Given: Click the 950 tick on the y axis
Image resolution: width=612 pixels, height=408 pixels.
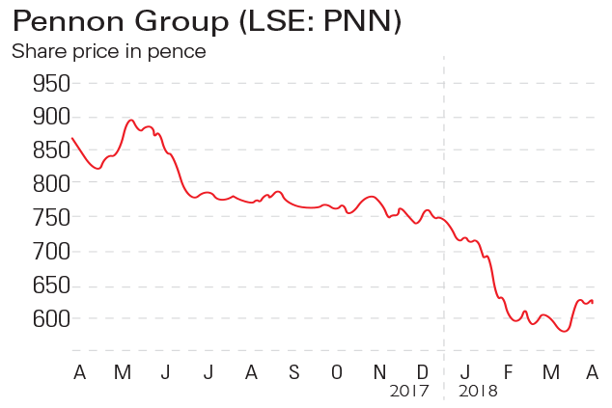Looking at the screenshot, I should pyautogui.click(x=51, y=83).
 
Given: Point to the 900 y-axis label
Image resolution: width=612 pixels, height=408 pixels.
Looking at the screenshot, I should pyautogui.click(x=51, y=117).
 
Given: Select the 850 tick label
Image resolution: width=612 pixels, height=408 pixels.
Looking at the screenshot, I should pyautogui.click(x=51, y=150).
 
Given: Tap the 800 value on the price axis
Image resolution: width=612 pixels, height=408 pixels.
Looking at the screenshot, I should pyautogui.click(x=51, y=184).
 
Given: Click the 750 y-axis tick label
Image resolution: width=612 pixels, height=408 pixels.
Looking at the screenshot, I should pyautogui.click(x=51, y=218).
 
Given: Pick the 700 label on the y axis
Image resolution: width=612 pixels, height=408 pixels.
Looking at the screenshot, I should pyautogui.click(x=51, y=252).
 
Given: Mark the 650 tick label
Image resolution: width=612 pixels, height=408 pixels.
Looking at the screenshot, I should pyautogui.click(x=51, y=286).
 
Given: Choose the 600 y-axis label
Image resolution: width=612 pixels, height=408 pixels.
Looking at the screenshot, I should pyautogui.click(x=51, y=319).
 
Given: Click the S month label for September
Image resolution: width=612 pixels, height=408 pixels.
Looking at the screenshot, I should pyautogui.click(x=293, y=371).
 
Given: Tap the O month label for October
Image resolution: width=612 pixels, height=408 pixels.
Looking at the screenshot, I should pyautogui.click(x=336, y=371).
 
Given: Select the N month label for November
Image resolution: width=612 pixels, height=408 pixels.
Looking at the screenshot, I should pyautogui.click(x=379, y=371).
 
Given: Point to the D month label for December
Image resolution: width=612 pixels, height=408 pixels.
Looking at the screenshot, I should pyautogui.click(x=423, y=371).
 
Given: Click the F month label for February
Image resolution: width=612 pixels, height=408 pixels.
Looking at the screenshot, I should pyautogui.click(x=508, y=371).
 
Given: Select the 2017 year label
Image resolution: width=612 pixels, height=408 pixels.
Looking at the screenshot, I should pyautogui.click(x=409, y=392).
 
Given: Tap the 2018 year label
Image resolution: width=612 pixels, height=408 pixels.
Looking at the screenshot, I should pyautogui.click(x=478, y=392).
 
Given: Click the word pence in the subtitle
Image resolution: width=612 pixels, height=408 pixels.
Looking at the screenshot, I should pyautogui.click(x=179, y=51).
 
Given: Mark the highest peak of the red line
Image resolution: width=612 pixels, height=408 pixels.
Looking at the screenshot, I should pyautogui.click(x=130, y=121).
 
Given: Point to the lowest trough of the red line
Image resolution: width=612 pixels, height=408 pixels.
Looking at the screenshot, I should pyautogui.click(x=564, y=331).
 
